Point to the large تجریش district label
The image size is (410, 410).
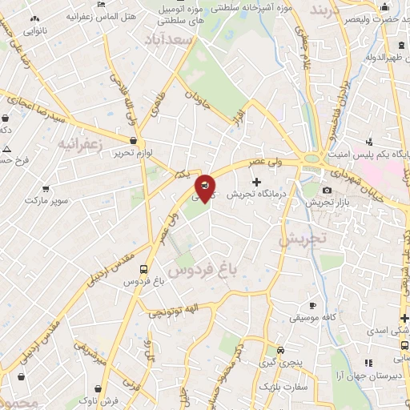coord(303,238)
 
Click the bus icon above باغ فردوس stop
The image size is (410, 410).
coord(143,269)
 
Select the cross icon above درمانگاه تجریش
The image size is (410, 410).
coord(256,183)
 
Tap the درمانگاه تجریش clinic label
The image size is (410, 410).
coord(255,195)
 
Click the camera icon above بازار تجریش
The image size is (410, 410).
coord(327,190)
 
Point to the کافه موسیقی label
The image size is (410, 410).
coord(314,318)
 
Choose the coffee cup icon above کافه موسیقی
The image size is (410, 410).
coord(313,305)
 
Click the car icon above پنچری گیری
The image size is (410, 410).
coord(280,350)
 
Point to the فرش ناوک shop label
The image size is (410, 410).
coord(104,398)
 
